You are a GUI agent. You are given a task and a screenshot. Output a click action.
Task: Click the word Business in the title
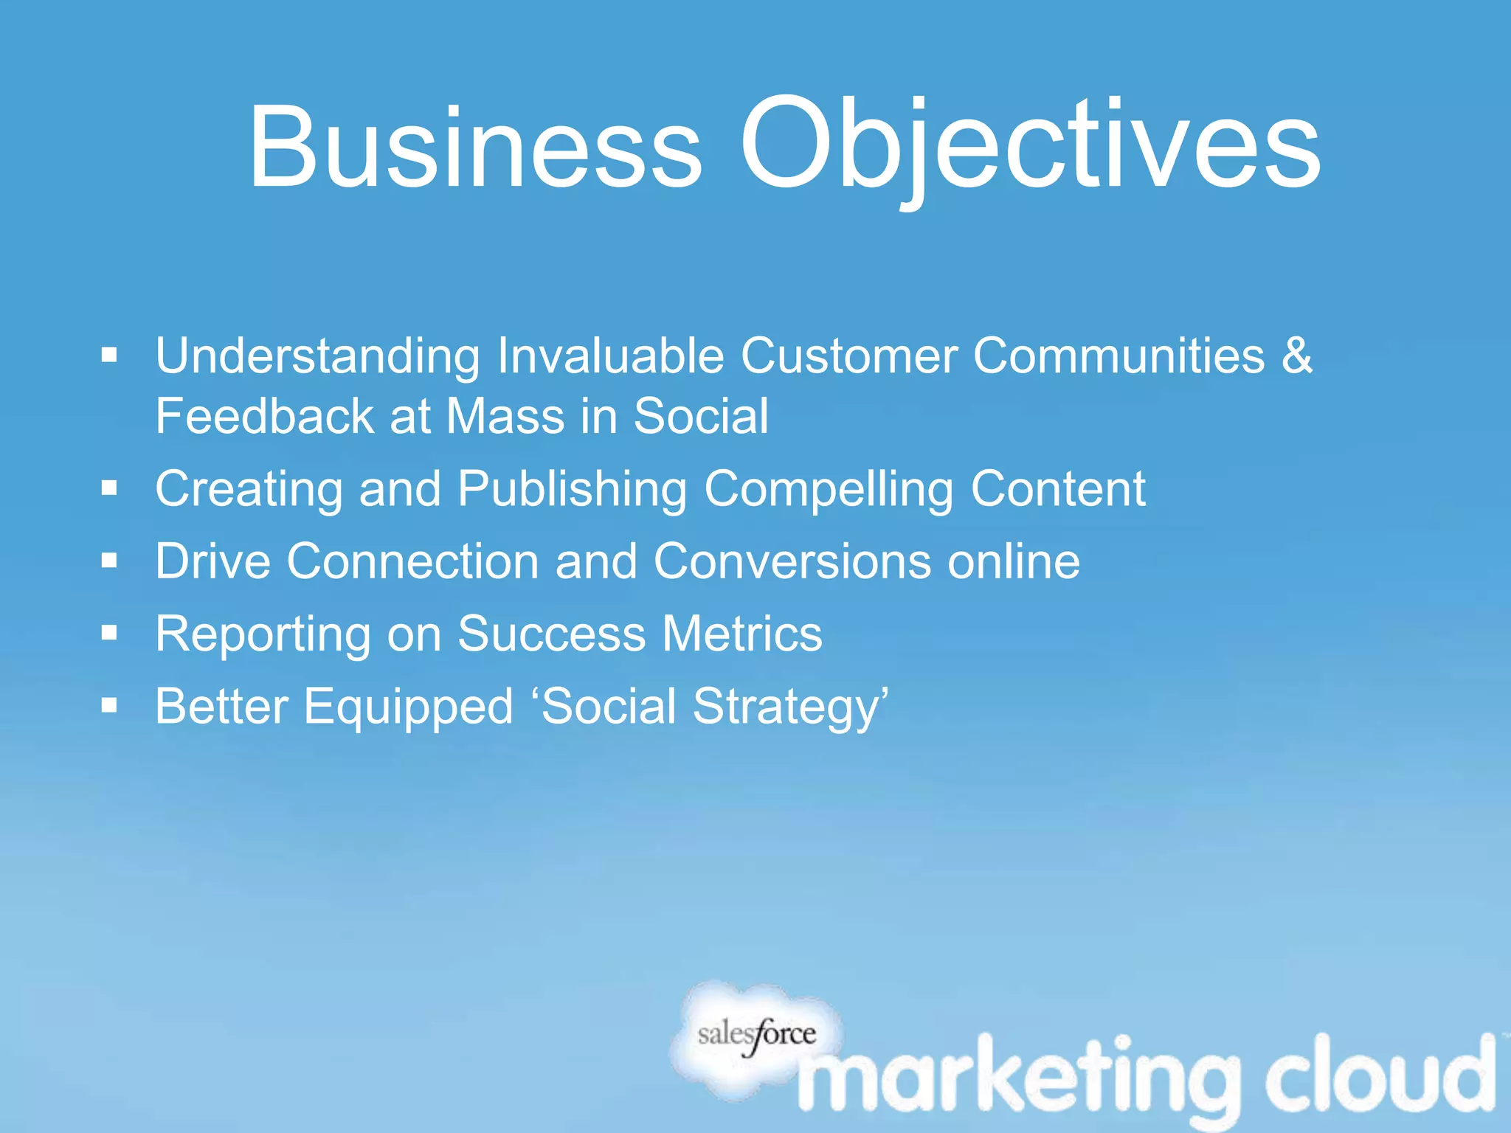point(476,148)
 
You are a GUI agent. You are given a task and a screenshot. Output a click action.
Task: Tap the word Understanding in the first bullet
point(317,357)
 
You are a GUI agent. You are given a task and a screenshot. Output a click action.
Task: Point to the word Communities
point(1118,356)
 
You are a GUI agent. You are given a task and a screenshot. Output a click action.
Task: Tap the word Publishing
point(572,490)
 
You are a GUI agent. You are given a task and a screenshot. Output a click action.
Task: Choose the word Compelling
point(829,490)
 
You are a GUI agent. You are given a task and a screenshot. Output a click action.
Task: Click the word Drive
point(212,561)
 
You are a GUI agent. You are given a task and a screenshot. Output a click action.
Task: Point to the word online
point(1014,561)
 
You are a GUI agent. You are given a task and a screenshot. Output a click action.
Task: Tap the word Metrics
point(741,634)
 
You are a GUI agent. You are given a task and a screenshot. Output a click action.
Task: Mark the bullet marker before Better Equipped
point(110,706)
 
